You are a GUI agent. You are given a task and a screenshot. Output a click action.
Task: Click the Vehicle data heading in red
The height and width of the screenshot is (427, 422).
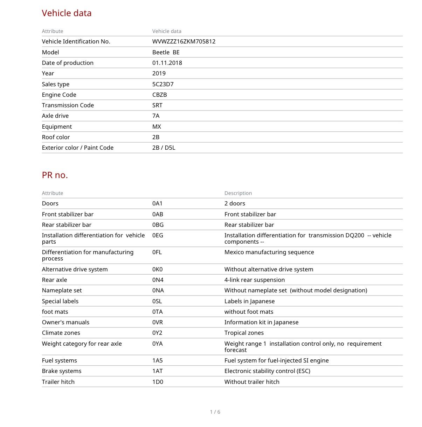tap(67, 13)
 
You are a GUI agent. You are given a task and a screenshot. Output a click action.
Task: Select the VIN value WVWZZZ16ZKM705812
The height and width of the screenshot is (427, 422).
tap(184, 41)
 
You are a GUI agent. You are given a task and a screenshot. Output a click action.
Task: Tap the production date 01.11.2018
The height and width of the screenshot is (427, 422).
tap(167, 63)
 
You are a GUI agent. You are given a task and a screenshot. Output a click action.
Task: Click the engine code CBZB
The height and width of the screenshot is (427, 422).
tap(159, 95)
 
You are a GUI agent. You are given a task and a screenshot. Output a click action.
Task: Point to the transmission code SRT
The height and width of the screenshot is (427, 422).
tap(157, 105)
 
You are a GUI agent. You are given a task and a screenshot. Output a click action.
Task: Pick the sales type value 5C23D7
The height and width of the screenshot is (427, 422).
tap(163, 84)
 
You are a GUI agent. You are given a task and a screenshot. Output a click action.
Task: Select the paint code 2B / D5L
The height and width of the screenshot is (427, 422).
tap(164, 148)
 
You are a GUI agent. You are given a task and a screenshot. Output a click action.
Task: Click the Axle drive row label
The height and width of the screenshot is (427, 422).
tap(55, 116)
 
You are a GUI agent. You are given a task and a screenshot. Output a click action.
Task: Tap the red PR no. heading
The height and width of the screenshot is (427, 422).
tap(55, 175)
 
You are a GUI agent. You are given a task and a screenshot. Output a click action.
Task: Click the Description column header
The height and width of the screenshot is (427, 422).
tap(238, 193)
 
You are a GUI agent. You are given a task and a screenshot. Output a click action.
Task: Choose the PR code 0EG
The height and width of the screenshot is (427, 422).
tap(158, 235)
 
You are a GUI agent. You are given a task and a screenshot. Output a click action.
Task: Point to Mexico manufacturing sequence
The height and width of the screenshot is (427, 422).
tap(269, 252)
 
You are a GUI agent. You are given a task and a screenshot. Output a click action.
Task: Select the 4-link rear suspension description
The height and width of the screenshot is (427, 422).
tap(255, 280)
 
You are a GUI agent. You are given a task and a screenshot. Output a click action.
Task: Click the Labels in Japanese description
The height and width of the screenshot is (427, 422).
tap(249, 301)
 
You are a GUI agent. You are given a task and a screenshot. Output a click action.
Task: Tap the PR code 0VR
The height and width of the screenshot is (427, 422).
tap(158, 322)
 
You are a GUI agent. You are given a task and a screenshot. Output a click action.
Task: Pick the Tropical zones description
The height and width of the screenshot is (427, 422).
tap(244, 333)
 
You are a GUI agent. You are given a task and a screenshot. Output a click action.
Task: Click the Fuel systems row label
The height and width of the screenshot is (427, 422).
tap(59, 360)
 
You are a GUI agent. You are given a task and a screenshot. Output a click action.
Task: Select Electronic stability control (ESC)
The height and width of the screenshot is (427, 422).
tap(267, 371)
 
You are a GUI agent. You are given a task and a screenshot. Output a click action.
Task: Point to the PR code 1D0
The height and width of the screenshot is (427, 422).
tap(158, 382)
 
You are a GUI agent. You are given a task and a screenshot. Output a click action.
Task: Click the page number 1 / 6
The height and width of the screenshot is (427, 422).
tap(215, 412)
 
